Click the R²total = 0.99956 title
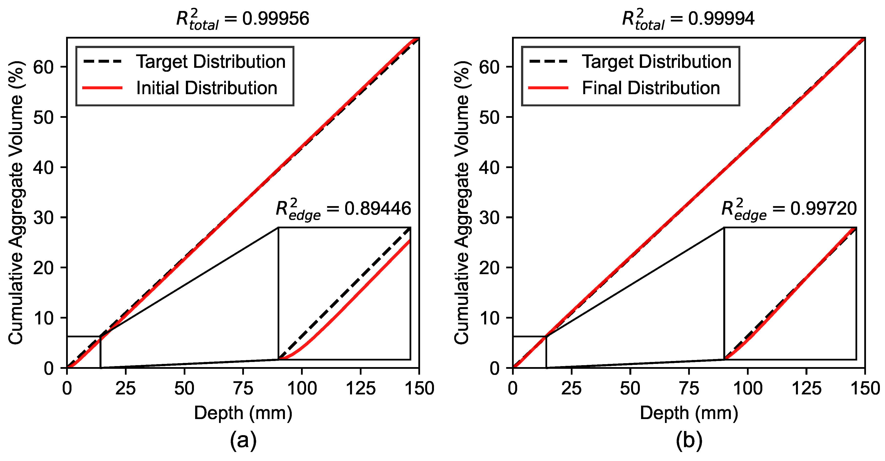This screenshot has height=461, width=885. click(242, 19)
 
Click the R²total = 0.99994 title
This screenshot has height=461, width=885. click(688, 19)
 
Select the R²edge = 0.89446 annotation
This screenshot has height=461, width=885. click(343, 209)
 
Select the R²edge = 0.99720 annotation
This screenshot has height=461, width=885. click(789, 209)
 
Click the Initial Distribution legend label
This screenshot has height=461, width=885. click(207, 88)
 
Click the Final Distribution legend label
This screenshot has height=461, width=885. click(651, 88)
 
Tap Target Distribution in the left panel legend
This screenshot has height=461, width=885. click(211, 62)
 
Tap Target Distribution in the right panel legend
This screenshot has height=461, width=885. click(656, 62)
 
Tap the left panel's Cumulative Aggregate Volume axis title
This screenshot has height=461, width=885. click(16, 203)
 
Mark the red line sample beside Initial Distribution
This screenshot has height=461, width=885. click(103, 88)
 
